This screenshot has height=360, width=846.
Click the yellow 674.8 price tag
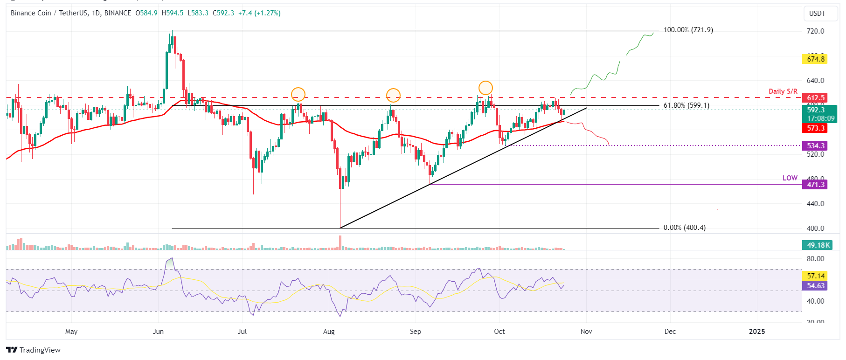[x=815, y=59]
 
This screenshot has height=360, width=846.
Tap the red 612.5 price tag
[x=815, y=98]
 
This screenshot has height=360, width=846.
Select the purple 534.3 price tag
[x=815, y=146]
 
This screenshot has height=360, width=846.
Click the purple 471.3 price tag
[x=815, y=185]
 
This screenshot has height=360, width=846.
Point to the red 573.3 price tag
[x=815, y=128]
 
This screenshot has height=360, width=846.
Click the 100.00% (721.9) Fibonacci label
[x=688, y=30]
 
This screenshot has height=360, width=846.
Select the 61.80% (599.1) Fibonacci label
[x=686, y=105]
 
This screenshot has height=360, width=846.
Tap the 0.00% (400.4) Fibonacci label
[x=684, y=228]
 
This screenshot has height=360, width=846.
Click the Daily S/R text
[x=783, y=91]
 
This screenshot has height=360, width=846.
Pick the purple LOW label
[x=790, y=178]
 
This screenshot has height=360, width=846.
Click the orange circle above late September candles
[x=485, y=88]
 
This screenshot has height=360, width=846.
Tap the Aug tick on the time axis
[x=329, y=332]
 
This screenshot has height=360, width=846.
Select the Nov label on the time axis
[x=586, y=332]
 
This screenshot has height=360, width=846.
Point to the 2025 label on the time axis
[x=756, y=332]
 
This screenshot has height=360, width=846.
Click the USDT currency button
[x=817, y=14]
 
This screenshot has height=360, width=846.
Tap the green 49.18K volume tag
[x=818, y=245]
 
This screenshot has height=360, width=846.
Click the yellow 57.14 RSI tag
[x=815, y=276]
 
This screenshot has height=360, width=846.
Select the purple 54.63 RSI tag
[x=815, y=286]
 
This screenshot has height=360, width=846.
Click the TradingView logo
[x=34, y=350]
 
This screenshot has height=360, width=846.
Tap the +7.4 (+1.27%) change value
[x=259, y=13]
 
